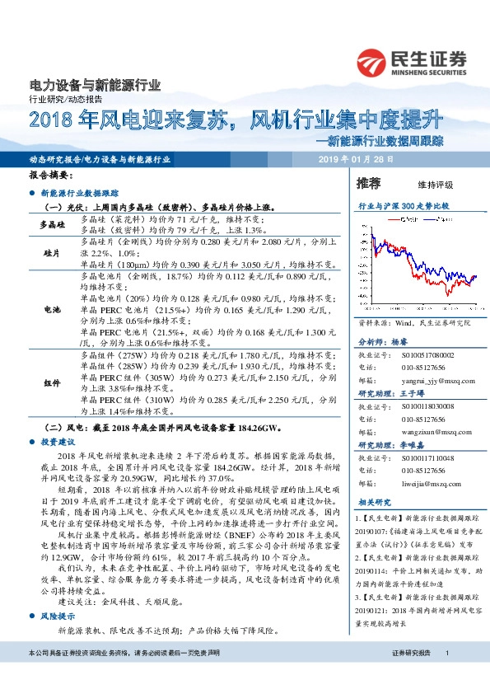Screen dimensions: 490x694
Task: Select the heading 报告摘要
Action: (x=51, y=176)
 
